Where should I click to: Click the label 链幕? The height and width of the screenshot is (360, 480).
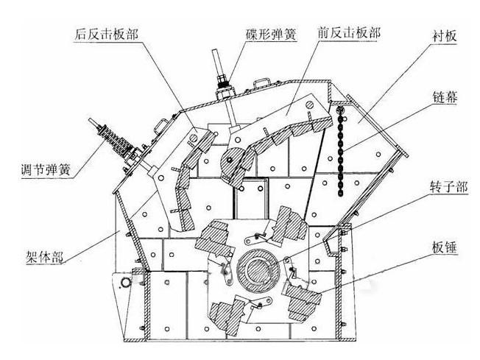point(445,98)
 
